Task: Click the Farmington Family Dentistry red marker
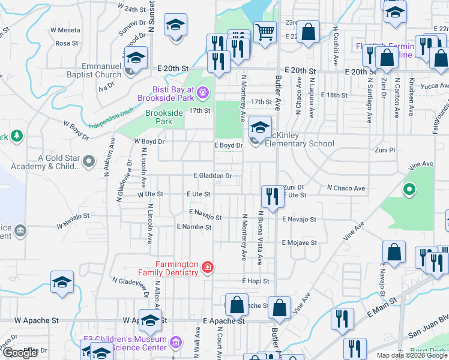[208, 267]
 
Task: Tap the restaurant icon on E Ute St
[272, 196]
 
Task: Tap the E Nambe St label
[194, 227]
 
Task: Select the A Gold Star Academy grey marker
[89, 161]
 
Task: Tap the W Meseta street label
[65, 29]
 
